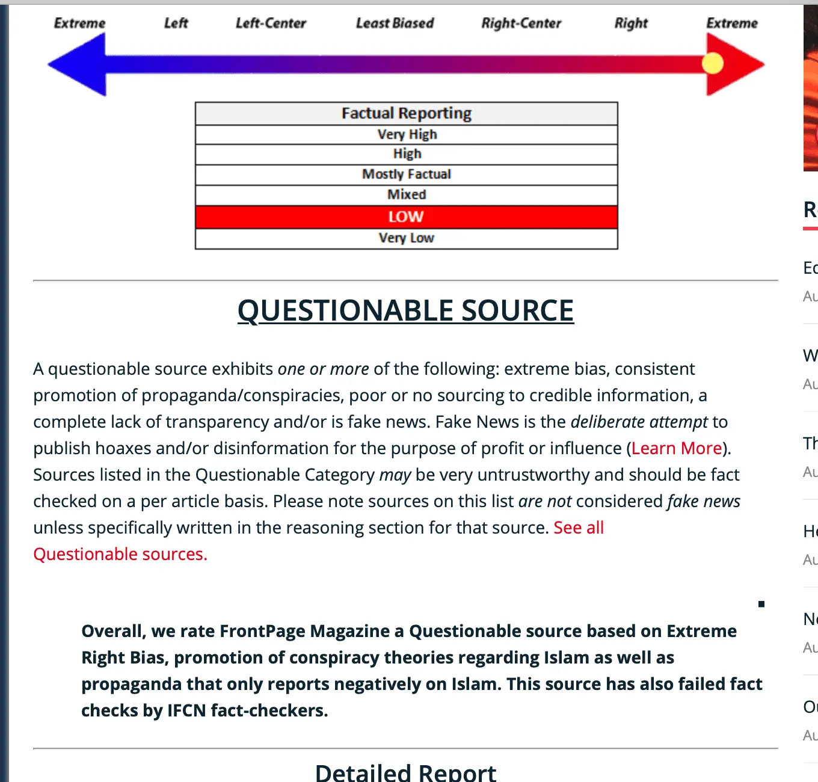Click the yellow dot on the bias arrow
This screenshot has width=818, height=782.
tap(713, 63)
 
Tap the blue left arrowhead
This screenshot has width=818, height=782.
tap(78, 64)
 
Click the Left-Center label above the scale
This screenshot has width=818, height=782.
tap(271, 23)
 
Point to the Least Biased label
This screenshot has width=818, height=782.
tap(395, 23)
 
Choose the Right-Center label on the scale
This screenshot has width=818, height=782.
tap(521, 23)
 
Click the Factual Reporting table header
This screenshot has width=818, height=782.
tap(407, 114)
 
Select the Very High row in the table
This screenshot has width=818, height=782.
tap(407, 135)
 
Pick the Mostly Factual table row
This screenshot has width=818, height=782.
tap(407, 174)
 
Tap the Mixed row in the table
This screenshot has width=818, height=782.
tap(407, 195)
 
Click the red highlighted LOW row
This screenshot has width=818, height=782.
tap(407, 217)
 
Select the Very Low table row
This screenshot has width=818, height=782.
tap(407, 238)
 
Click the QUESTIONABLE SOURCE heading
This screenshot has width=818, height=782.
tap(405, 311)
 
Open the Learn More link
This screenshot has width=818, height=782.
tap(677, 448)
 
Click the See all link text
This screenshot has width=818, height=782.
tap(579, 528)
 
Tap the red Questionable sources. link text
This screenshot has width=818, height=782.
tap(120, 554)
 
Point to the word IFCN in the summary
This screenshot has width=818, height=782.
tap(186, 710)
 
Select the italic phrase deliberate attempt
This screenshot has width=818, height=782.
tap(639, 422)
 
